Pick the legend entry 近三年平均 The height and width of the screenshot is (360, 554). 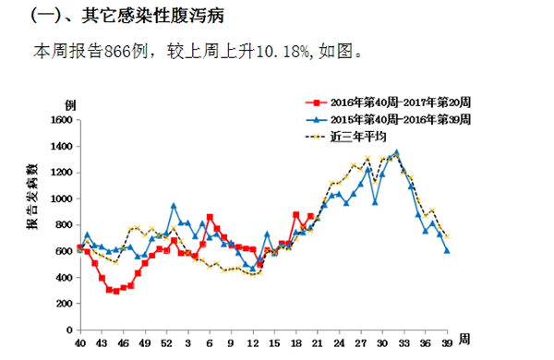point(362,137)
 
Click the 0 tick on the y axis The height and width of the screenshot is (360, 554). point(68,330)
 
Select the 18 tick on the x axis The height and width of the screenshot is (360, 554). point(295,344)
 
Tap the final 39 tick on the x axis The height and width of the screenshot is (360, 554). point(447,344)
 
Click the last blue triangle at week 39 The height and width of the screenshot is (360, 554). point(447,250)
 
